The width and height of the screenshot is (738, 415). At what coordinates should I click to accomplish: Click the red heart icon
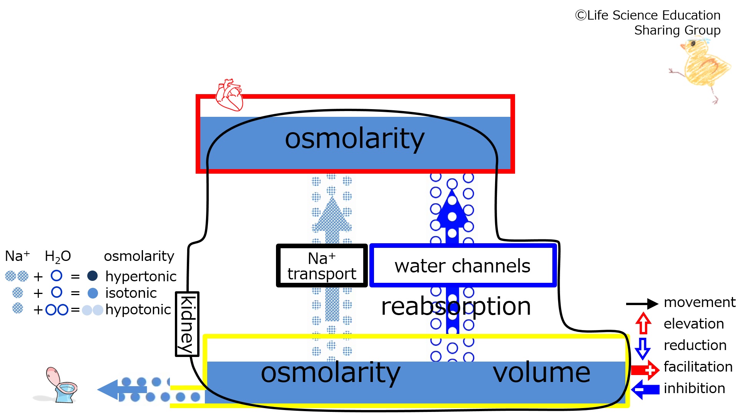coord(229,95)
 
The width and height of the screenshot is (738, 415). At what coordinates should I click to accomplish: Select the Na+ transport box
coord(322,266)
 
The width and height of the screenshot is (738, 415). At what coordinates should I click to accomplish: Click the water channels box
coord(463,266)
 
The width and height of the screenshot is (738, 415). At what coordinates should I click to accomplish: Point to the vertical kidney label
coord(187,324)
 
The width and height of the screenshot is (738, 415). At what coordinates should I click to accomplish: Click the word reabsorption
coord(456,307)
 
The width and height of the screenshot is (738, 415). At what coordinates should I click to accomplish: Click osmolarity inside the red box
coord(354,139)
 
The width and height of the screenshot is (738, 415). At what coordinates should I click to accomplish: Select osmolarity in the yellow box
coord(331,373)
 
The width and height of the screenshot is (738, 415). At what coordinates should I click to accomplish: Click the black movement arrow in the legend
coord(642,304)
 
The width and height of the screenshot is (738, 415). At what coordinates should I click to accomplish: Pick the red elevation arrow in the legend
coord(643,323)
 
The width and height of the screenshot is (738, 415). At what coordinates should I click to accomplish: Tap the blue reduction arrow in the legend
coord(643,349)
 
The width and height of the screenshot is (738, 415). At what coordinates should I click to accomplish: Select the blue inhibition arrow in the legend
coord(645,389)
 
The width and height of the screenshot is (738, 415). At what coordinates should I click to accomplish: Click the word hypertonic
coord(141,276)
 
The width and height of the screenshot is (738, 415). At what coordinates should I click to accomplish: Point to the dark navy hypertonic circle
coord(93,276)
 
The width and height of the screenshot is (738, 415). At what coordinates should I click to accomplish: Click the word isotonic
coord(131,293)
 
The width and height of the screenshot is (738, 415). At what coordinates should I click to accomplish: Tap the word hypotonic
coord(138,310)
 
